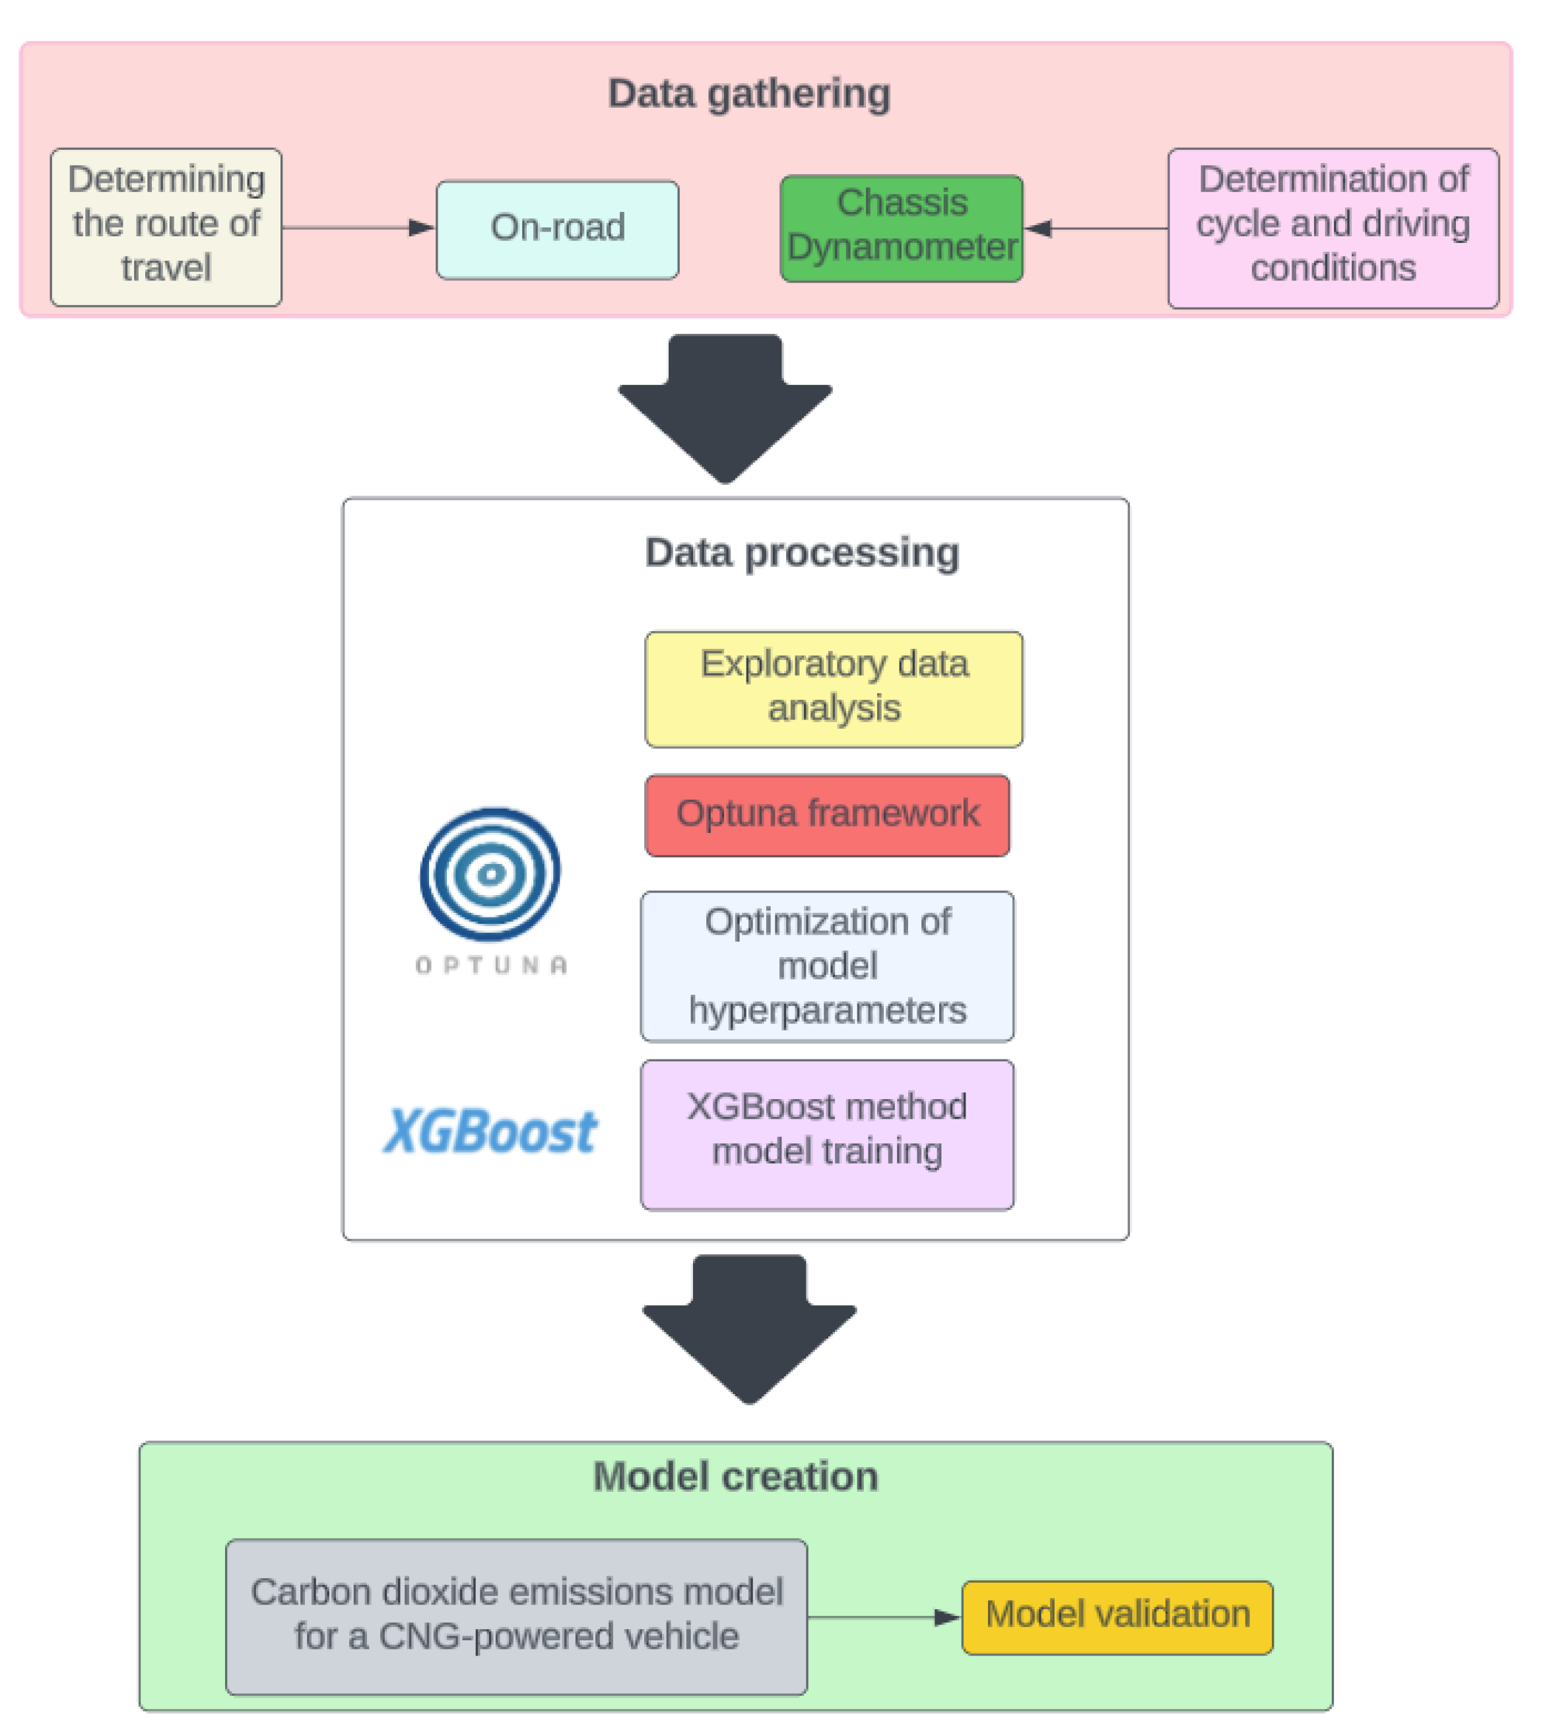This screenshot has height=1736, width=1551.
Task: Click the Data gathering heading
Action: (x=748, y=93)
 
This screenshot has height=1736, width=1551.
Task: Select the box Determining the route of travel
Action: (x=166, y=226)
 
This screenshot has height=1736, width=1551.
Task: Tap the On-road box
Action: (x=557, y=228)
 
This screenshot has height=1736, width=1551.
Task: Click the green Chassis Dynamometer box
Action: (x=901, y=228)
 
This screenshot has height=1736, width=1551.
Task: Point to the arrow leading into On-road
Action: (x=358, y=228)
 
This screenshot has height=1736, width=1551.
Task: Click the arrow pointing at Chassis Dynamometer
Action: (x=1095, y=228)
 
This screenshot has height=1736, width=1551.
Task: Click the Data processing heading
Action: (x=801, y=552)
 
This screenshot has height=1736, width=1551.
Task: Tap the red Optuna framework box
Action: (x=826, y=814)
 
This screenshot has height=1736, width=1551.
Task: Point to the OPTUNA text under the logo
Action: (x=491, y=965)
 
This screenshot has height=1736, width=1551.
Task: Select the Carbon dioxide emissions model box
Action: (x=515, y=1616)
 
